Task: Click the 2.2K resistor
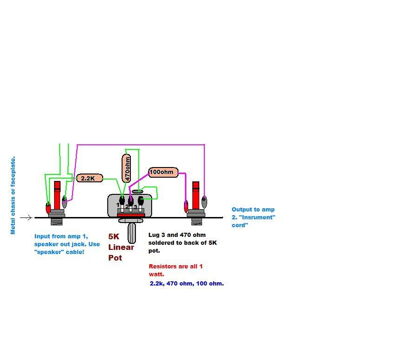[90, 178]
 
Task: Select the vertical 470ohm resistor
[126, 168]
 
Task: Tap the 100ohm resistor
[163, 172]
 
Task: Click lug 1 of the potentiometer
[122, 201]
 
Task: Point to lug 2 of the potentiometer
[130, 201]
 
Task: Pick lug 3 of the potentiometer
[141, 201]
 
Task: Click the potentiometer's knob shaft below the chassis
[132, 233]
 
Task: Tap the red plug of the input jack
[57, 195]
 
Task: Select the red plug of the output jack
[196, 195]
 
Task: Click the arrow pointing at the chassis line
[26, 217]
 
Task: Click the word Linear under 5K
[121, 247]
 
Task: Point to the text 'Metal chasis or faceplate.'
[13, 195]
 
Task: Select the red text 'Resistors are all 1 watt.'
[175, 270]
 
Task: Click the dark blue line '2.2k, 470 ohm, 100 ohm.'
[187, 284]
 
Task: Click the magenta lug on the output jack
[186, 206]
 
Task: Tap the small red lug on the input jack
[48, 208]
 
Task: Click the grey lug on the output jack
[204, 202]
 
